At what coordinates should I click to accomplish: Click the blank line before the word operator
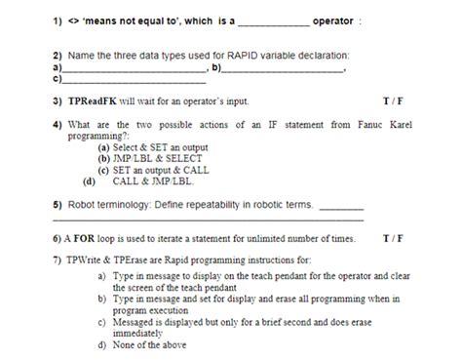click(x=274, y=21)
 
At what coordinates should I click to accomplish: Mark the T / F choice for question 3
click(x=394, y=100)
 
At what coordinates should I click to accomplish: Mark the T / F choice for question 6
click(x=394, y=237)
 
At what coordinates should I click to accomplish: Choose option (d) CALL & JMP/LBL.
click(x=151, y=180)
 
